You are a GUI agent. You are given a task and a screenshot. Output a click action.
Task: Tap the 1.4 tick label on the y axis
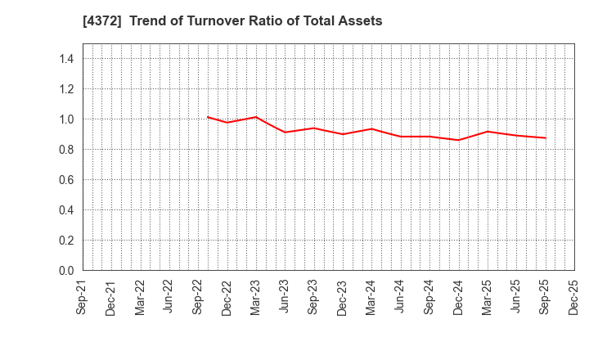pyautogui.click(x=66, y=59)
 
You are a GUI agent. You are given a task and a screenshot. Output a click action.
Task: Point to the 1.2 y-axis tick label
pyautogui.click(x=66, y=89)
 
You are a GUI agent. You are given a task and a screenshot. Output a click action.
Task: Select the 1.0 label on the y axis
pyautogui.click(x=66, y=119)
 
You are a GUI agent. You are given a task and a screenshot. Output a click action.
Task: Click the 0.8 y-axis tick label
pyautogui.click(x=66, y=150)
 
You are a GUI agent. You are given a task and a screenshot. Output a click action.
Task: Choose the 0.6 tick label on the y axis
pyautogui.click(x=66, y=180)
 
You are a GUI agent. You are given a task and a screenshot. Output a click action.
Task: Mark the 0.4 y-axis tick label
pyautogui.click(x=66, y=210)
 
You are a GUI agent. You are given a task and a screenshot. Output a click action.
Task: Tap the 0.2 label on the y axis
pyautogui.click(x=66, y=241)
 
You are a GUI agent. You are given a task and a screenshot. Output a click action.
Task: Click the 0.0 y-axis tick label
pyautogui.click(x=66, y=271)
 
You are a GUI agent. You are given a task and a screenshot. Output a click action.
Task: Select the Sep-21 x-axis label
pyautogui.click(x=83, y=297)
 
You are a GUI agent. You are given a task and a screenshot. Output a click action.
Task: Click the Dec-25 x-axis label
pyautogui.click(x=574, y=297)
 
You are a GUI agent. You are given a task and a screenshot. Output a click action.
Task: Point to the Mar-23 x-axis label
pyautogui.click(x=256, y=297)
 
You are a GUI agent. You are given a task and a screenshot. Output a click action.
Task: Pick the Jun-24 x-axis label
pyautogui.click(x=400, y=297)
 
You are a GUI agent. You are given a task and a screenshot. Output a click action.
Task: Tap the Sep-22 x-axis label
pyautogui.click(x=199, y=297)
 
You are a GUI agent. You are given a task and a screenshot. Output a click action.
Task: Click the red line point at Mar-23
pyautogui.click(x=256, y=117)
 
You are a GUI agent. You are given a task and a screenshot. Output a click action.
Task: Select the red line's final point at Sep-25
pyautogui.click(x=545, y=138)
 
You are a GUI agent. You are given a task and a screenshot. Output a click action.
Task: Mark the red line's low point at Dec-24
pyautogui.click(x=458, y=140)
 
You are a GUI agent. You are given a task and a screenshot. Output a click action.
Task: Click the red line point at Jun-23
pyautogui.click(x=285, y=132)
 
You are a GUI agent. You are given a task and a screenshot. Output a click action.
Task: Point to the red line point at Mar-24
pyautogui.click(x=371, y=128)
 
